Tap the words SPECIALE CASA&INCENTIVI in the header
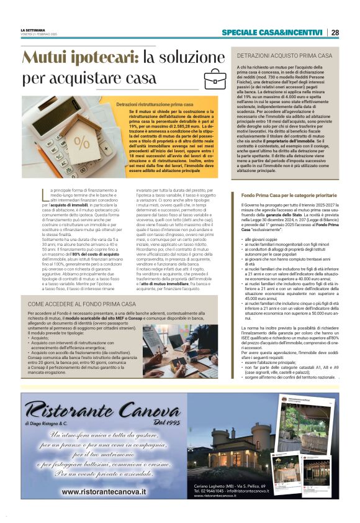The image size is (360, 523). [274, 33]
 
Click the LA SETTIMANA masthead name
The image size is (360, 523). [32, 30]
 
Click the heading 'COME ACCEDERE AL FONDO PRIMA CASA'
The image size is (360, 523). [82, 304]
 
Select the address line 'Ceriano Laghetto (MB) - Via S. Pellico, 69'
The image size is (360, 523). [230, 486]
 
